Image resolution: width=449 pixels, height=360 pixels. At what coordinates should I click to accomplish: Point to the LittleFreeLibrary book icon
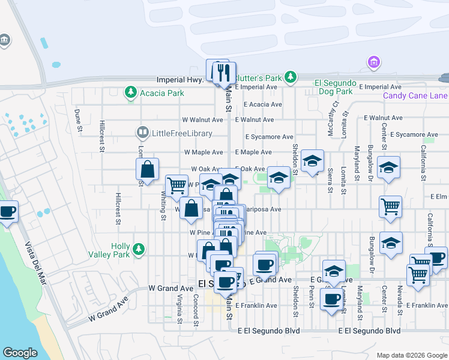coord(142,132)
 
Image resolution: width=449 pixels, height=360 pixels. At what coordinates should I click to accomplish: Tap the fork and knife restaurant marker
coord(223,73)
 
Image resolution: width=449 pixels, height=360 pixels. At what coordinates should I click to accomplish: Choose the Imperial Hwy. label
coord(181,79)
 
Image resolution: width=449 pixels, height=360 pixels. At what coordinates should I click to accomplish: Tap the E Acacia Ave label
coord(259,104)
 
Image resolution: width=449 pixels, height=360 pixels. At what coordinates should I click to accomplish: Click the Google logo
coord(20,353)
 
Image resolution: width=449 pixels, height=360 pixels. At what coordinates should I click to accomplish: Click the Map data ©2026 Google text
coord(412,355)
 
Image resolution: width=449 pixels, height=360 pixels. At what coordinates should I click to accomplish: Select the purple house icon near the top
coord(374,62)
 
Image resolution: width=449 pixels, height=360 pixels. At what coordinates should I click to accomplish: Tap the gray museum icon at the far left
coord(4,40)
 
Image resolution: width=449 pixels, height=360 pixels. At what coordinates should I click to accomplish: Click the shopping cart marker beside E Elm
coord(390,206)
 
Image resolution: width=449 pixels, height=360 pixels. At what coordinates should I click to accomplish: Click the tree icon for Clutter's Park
coord(291,77)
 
